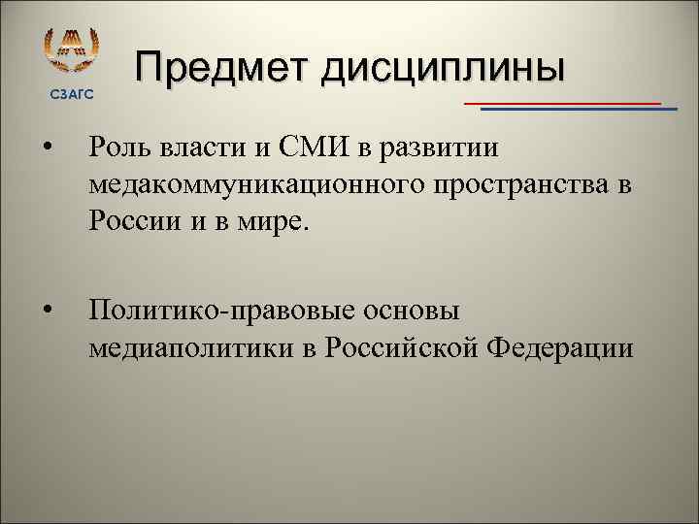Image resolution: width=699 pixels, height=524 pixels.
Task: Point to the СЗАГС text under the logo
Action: pyautogui.click(x=72, y=93)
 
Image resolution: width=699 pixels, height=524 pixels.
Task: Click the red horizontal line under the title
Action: pyautogui.click(x=562, y=102)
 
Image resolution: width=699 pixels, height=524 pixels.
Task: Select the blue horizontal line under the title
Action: pyautogui.click(x=579, y=109)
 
